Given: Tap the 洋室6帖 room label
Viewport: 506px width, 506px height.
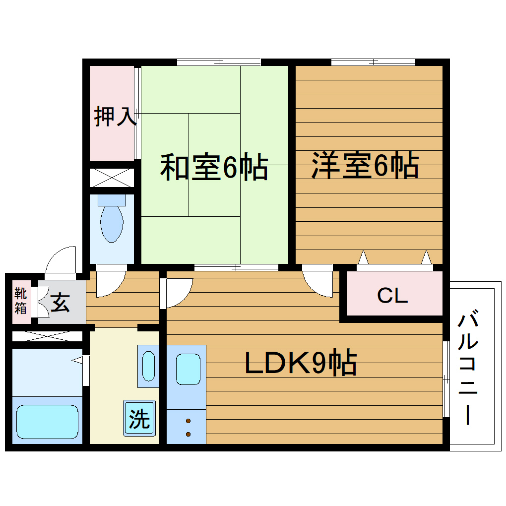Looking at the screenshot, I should (x=365, y=166).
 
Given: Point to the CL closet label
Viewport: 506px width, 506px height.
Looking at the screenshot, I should (x=392, y=296).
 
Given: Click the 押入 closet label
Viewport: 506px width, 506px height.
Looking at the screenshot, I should (x=115, y=116).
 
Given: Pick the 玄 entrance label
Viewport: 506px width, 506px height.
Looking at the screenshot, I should (x=60, y=303).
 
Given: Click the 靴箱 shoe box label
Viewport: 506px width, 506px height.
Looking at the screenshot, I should (x=20, y=301).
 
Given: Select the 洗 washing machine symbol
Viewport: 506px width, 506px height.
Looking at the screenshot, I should (x=139, y=418).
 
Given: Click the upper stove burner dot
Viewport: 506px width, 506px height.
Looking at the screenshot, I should (x=189, y=422).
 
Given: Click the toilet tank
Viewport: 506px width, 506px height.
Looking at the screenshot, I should (x=112, y=199).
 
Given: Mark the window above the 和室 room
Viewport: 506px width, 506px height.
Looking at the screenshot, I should (x=219, y=62).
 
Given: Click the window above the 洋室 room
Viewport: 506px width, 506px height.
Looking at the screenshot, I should (x=373, y=62).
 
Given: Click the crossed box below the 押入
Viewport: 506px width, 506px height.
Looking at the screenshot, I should (x=112, y=178).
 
